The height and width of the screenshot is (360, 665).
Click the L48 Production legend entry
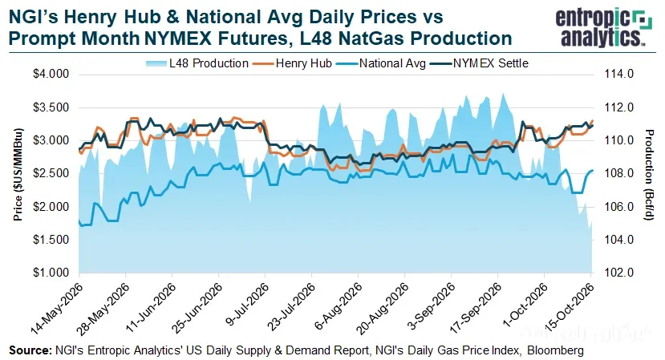(x=197, y=63)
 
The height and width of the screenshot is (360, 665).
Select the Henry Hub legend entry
(x=292, y=63)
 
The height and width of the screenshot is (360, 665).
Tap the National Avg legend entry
(x=380, y=63)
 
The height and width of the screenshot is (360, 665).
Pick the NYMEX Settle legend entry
(x=479, y=63)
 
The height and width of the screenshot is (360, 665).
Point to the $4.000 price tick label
(x=51, y=75)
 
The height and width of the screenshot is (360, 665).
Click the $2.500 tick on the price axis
(x=51, y=173)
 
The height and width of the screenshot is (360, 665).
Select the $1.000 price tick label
(x=51, y=273)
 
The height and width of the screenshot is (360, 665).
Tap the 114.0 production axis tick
(x=618, y=75)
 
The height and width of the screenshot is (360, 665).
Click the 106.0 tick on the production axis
(x=618, y=207)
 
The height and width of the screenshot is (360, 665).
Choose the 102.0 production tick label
(x=618, y=273)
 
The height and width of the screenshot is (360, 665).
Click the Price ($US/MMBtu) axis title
(x=18, y=174)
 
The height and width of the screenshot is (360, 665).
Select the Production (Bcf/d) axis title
(x=649, y=175)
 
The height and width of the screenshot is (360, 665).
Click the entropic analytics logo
(x=603, y=26)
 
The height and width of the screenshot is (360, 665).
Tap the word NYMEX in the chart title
(x=178, y=38)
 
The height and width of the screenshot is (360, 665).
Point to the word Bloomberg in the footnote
(x=556, y=351)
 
